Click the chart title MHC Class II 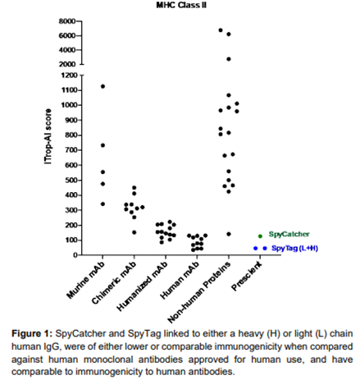click(181, 5)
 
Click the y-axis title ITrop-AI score click(48, 136)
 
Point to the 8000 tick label click(67, 21)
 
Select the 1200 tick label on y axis click(70, 76)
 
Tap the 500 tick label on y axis click(71, 181)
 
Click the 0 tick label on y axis click(75, 255)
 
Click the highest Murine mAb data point click(103, 86)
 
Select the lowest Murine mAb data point click(103, 204)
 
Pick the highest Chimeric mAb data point click(134, 188)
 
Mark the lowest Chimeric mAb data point click(134, 232)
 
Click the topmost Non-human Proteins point click(221, 30)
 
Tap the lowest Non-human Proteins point click(229, 234)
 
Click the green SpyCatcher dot click(260, 236)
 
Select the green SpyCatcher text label click(289, 234)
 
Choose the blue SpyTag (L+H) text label click(294, 248)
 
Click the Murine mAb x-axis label click(85, 280)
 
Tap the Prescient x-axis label click(247, 277)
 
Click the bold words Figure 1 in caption click(32, 334)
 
